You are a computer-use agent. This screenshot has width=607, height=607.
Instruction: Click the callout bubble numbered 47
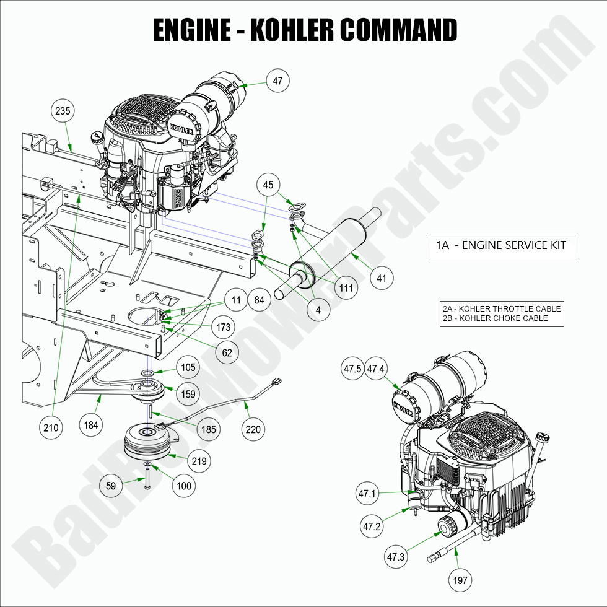click(277, 80)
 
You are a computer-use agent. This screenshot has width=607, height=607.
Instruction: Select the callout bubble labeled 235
click(63, 111)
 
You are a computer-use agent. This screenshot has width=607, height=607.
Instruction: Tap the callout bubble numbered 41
click(381, 278)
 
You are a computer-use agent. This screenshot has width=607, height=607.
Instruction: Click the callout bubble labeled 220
click(254, 429)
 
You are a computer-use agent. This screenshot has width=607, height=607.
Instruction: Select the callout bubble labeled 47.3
click(396, 557)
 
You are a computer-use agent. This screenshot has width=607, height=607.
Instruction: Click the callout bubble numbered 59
click(111, 486)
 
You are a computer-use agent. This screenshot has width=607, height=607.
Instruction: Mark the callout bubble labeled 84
click(260, 300)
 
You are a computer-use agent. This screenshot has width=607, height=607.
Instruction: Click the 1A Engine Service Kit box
click(502, 245)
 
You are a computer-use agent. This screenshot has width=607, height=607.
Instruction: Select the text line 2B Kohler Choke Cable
click(495, 318)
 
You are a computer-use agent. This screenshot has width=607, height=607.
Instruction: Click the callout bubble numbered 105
click(188, 367)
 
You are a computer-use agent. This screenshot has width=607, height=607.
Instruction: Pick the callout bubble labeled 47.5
click(352, 369)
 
